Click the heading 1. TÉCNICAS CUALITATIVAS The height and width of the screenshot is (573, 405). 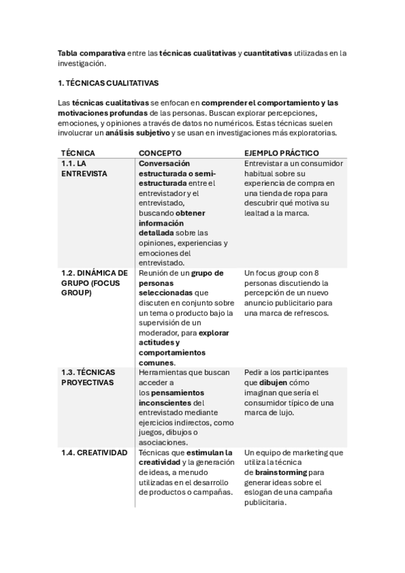(108, 83)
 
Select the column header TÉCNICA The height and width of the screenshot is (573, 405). (78, 153)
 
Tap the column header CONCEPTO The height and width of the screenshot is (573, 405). (160, 153)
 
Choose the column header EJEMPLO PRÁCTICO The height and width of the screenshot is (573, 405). (281, 153)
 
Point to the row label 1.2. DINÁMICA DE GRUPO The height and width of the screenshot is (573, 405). (94, 283)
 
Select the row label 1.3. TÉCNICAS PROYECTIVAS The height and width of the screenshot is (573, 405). (88, 377)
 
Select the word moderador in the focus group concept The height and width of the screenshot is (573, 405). (160, 332)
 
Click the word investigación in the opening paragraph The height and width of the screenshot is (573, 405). (81, 64)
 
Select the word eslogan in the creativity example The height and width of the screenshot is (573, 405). (259, 493)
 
